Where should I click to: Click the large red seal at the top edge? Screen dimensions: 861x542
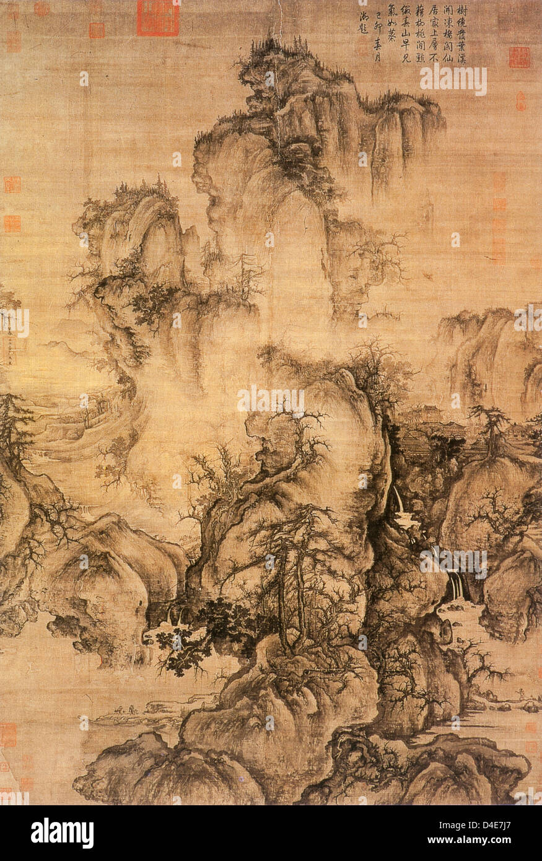click(x=158, y=17)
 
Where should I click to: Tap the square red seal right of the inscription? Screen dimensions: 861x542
click(x=519, y=57)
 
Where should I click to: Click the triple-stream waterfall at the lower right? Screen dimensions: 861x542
click(x=457, y=586)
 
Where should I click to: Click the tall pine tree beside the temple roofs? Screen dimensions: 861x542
click(x=489, y=427)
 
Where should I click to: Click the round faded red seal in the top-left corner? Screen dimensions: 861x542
click(x=42, y=9)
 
